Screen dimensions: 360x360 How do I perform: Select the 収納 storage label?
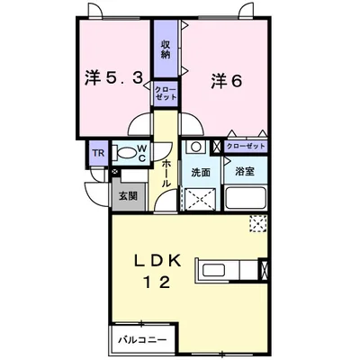click(x=166, y=49)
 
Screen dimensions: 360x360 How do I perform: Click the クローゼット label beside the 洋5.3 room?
click(x=166, y=94)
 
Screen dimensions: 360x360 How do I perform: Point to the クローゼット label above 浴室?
click(x=245, y=146)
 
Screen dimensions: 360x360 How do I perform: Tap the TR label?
click(x=97, y=154)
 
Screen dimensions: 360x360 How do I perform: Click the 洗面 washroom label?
click(x=199, y=172)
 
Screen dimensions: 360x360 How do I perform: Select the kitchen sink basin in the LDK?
click(x=216, y=269)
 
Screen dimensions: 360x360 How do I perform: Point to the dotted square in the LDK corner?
click(x=259, y=224)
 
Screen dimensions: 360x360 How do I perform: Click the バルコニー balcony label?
click(x=144, y=340)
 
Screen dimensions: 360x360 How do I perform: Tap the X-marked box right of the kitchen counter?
click(x=264, y=268)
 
